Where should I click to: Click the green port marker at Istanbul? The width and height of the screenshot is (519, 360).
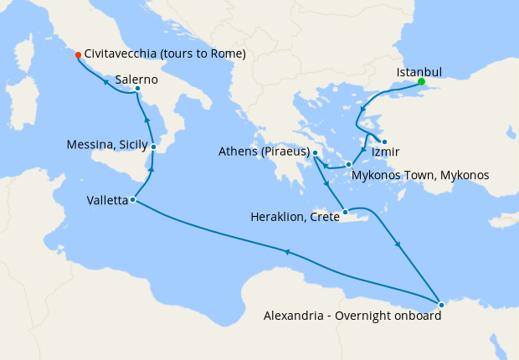[421, 81]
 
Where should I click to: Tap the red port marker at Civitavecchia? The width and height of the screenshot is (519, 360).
[78, 54]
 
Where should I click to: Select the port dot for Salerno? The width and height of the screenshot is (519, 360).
[136, 89]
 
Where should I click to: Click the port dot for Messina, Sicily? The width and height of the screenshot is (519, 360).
[154, 147]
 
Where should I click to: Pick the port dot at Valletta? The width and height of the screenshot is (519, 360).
[133, 200]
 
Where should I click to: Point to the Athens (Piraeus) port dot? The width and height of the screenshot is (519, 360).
[316, 152]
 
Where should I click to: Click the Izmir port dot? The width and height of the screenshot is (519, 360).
[383, 141]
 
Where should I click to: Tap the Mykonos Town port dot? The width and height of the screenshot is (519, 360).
[349, 165]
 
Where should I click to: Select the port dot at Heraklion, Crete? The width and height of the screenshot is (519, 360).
[345, 212]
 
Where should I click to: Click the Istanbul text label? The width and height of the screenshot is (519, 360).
[419, 71]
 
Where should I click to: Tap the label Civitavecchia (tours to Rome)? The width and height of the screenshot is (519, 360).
[165, 54]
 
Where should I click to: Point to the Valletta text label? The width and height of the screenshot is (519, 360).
[107, 200]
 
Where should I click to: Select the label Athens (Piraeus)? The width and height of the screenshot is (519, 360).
[264, 152]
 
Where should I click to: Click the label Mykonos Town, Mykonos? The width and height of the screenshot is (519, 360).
[420, 175]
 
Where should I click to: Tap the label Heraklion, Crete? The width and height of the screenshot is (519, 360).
[295, 216]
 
